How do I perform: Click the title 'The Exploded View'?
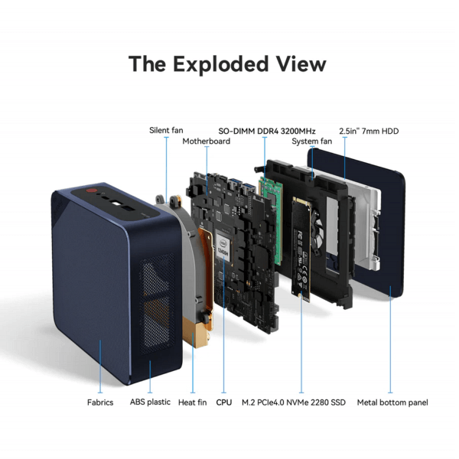[x=227, y=64]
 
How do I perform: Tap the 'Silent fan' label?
[x=166, y=131]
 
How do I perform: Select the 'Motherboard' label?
[x=206, y=142]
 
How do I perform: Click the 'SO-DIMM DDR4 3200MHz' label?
[x=267, y=131]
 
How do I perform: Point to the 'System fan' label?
[x=312, y=142]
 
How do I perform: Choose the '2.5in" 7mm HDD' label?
[x=369, y=131]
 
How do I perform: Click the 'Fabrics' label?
[x=100, y=402]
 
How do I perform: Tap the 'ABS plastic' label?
[x=149, y=402]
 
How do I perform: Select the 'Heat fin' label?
[x=192, y=402]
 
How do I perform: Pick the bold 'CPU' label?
[x=224, y=402]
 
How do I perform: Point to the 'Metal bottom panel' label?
[x=392, y=402]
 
